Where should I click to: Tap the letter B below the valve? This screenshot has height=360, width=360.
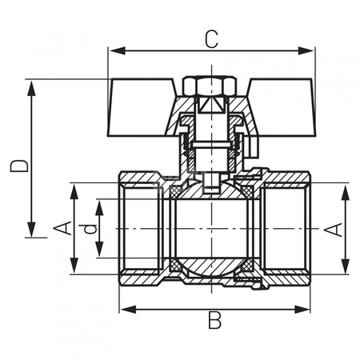[214, 321]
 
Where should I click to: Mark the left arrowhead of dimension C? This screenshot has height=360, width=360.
[113, 52]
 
